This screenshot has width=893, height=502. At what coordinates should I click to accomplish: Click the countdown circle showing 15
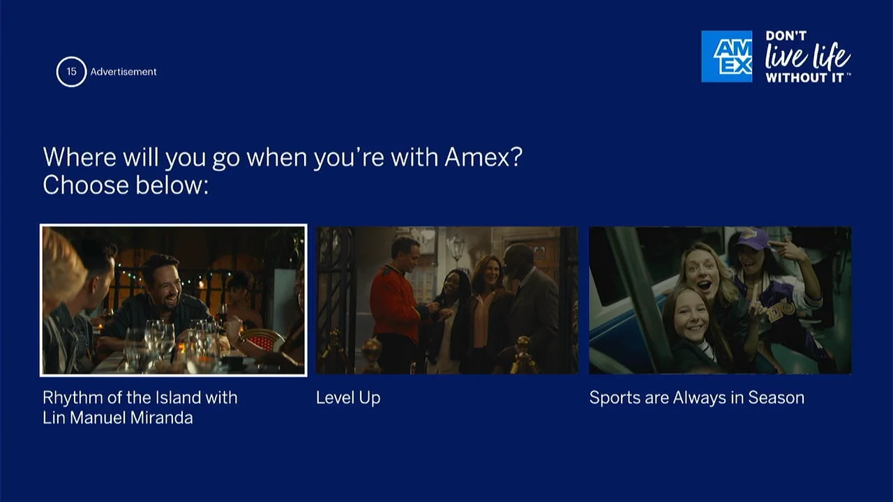pyautogui.click(x=71, y=72)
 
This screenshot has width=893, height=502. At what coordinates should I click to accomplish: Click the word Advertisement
pyautogui.click(x=123, y=72)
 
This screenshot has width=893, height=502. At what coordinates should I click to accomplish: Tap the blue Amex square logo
pyautogui.click(x=726, y=56)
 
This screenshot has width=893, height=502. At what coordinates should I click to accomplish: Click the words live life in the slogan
pyautogui.click(x=807, y=56)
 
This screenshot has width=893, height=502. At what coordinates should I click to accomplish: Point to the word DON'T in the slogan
pyautogui.click(x=786, y=36)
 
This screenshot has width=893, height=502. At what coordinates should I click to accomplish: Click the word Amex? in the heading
pyautogui.click(x=483, y=157)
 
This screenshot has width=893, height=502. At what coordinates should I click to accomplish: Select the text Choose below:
pyautogui.click(x=126, y=185)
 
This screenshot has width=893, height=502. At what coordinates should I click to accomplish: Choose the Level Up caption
pyautogui.click(x=347, y=397)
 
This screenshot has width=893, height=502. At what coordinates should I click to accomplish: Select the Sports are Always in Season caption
pyautogui.click(x=696, y=397)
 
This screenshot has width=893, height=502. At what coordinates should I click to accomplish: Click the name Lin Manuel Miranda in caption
pyautogui.click(x=117, y=418)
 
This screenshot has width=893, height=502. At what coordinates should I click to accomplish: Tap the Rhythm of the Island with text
pyautogui.click(x=140, y=397)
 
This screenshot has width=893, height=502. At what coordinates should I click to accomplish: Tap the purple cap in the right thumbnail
pyautogui.click(x=750, y=238)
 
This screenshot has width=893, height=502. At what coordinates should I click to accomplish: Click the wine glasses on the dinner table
pyautogui.click(x=159, y=338)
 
